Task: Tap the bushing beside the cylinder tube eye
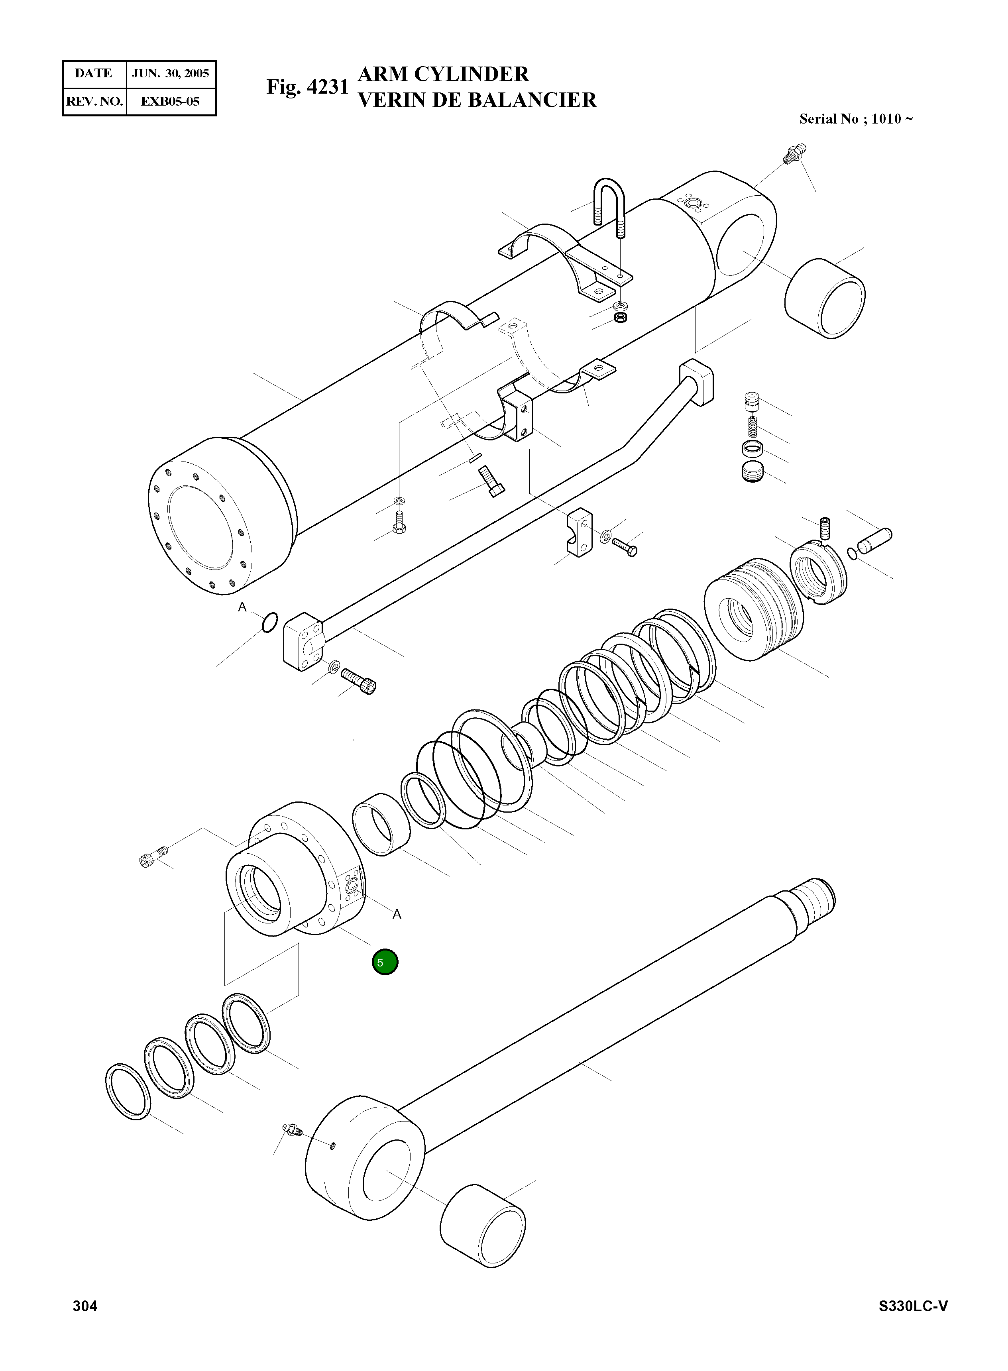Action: [x=825, y=298]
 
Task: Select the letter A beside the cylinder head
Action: [x=397, y=914]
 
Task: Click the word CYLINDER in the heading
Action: [x=472, y=74]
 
